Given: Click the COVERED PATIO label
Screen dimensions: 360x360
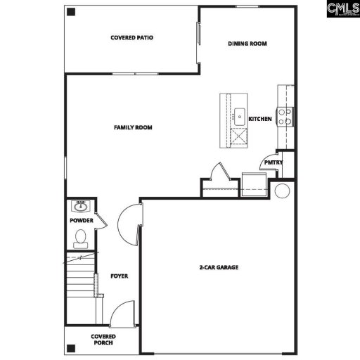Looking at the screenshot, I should [x=131, y=37].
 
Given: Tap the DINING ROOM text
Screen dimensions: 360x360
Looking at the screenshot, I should [x=247, y=44].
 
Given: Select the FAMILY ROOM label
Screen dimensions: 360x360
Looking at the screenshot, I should [x=133, y=127].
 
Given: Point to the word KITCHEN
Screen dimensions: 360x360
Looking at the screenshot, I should [x=260, y=119].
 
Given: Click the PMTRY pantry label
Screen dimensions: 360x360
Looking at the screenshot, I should [x=273, y=162].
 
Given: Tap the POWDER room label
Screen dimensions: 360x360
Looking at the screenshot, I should [x=81, y=220].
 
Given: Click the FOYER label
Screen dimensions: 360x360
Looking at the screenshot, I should [x=119, y=276].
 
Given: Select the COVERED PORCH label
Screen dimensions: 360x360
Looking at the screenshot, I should [x=103, y=340].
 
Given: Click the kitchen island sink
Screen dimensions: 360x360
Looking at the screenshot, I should [x=239, y=115].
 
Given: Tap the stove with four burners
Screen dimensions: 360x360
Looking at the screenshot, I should [x=285, y=115].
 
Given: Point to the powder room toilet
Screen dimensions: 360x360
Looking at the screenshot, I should [x=80, y=239].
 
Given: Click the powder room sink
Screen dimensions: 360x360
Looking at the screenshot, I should [x=80, y=207].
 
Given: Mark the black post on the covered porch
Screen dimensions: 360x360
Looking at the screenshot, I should [x=71, y=347].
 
